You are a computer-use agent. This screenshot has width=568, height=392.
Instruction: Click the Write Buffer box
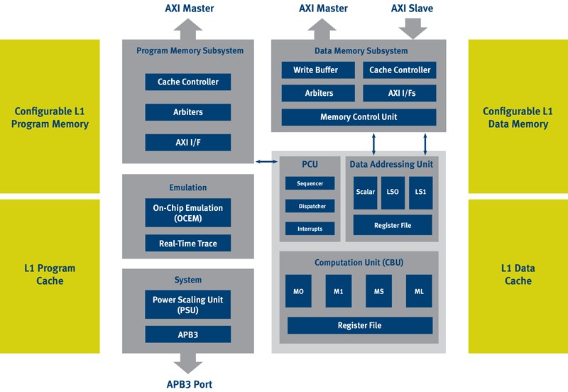point(318,70)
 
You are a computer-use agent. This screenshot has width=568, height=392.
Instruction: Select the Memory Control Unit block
point(359,117)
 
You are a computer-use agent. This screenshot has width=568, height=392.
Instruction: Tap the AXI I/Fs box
point(400,93)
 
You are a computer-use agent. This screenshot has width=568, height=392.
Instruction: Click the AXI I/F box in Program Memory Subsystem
point(188,142)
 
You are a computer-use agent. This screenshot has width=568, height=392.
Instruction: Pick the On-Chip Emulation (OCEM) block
point(188,212)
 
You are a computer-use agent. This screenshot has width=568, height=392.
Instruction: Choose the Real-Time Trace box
point(188,243)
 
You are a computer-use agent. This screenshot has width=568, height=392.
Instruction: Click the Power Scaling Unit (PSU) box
point(187,305)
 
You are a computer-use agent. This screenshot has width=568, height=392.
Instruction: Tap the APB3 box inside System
point(188,334)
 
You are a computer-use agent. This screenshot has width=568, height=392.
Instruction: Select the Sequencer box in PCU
point(310,183)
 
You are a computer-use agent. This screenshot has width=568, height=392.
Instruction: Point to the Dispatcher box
point(310,206)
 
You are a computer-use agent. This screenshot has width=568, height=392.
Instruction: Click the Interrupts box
point(310,229)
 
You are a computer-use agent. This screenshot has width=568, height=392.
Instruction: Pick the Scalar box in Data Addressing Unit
point(365,192)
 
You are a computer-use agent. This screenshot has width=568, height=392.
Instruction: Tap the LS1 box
point(420,192)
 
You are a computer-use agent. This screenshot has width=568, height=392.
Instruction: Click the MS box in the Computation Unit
point(378,291)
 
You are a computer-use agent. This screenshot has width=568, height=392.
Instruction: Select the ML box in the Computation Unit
point(419,291)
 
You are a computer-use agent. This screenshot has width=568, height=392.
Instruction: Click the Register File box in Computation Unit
point(360,325)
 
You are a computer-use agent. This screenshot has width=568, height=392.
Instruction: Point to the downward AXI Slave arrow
point(413,28)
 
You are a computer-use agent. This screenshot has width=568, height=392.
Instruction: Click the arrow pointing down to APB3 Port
point(188,363)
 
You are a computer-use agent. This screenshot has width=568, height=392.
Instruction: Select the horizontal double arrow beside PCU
point(267,162)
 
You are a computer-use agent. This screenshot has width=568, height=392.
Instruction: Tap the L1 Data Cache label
point(518,274)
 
